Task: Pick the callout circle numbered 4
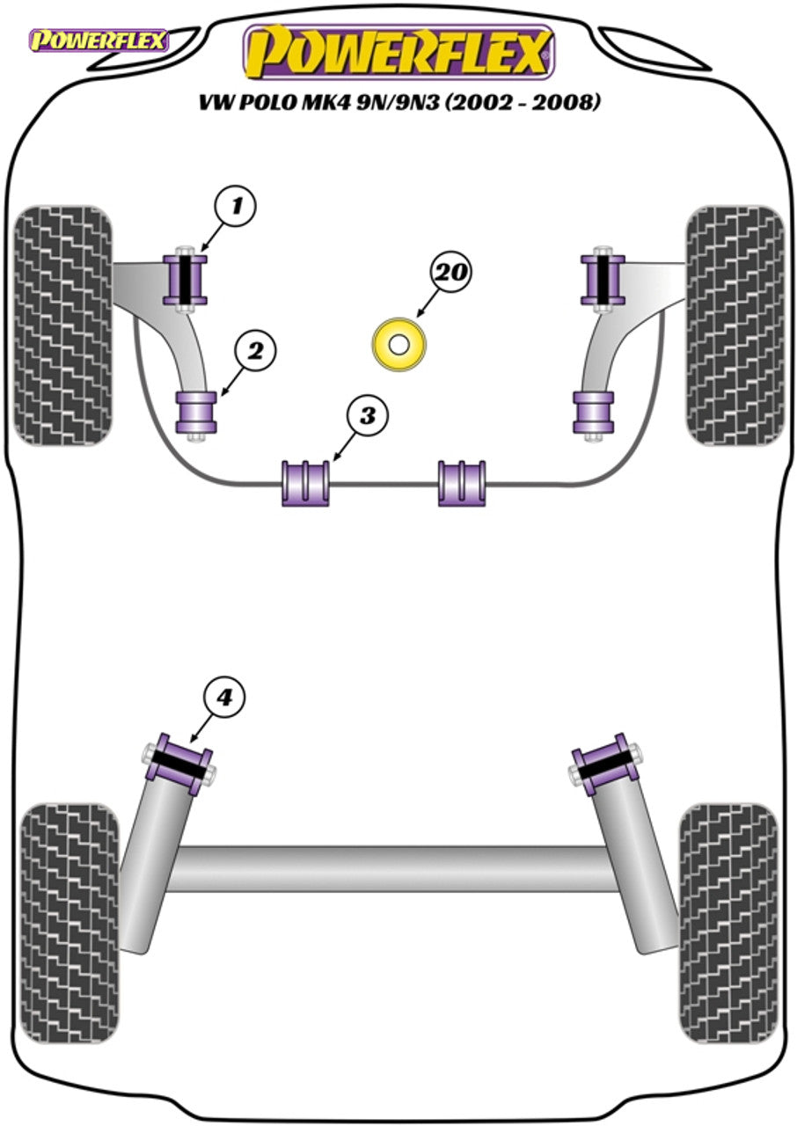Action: point(226,698)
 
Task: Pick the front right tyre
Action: point(734,325)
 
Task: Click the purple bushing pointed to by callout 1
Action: point(186,279)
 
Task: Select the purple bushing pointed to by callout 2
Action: point(197,412)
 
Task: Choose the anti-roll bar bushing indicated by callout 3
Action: point(305,483)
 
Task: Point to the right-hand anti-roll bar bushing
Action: point(462,483)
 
